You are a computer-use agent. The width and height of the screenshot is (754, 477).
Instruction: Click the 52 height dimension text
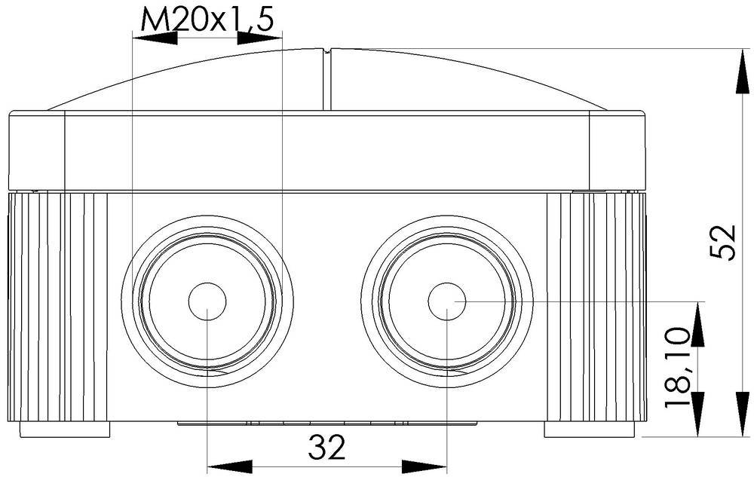coord(723,242)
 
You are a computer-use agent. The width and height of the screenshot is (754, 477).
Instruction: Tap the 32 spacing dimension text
coord(326,448)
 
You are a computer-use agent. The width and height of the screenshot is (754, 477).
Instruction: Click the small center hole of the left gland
coord(207,302)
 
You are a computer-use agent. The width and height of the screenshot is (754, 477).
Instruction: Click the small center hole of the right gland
coord(447,301)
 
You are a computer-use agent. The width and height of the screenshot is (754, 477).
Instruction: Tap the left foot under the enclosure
coord(63,430)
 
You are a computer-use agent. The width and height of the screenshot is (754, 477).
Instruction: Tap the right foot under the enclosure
coord(589,430)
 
